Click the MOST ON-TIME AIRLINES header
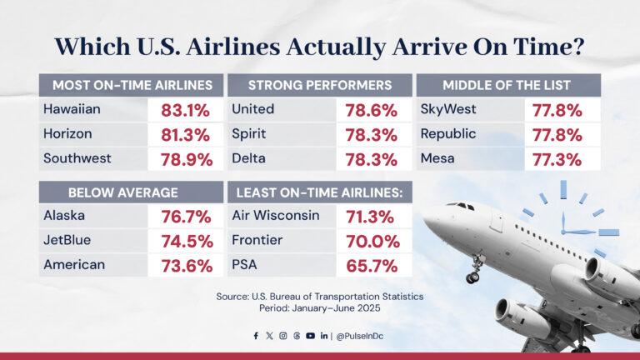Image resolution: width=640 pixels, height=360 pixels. (132, 85)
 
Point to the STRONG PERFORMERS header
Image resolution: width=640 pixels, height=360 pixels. (319, 85)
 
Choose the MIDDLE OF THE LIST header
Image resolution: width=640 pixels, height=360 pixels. (508, 85)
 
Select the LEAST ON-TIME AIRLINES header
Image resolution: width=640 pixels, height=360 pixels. (319, 192)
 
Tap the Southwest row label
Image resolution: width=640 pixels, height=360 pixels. (77, 157)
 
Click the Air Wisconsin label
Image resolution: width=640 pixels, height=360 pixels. (275, 216)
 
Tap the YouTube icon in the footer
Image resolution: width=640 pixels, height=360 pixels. (310, 336)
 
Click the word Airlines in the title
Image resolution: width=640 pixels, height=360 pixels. (277, 45)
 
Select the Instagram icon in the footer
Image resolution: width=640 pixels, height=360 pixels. (283, 336)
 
